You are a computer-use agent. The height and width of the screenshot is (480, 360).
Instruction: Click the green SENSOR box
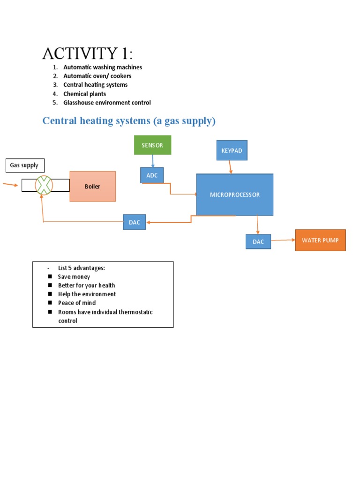[152, 145]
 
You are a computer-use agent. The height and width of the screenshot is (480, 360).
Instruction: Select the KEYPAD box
[232, 150]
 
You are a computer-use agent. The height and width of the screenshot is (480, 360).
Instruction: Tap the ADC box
[152, 175]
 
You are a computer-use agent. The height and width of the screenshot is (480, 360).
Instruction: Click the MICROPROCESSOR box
[234, 195]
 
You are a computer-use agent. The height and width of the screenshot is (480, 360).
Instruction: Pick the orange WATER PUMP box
[320, 240]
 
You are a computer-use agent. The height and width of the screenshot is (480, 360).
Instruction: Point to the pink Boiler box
[92, 186]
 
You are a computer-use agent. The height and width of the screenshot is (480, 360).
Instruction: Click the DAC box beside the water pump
[258, 241]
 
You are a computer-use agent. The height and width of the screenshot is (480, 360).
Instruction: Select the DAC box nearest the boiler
[135, 222]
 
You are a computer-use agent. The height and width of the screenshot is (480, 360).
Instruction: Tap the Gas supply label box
[24, 165]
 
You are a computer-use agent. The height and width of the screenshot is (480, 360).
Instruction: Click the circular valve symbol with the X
[44, 186]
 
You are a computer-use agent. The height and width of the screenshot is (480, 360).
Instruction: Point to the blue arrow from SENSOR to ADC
[153, 161]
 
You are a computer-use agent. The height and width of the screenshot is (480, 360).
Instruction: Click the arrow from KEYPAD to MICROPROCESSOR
[230, 166]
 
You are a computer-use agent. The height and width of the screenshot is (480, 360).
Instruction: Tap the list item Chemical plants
[84, 94]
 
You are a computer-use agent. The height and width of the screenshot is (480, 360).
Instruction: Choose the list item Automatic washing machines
[103, 67]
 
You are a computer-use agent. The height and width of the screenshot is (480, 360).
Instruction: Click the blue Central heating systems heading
[129, 121]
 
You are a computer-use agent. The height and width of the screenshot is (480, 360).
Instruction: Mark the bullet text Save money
[74, 277]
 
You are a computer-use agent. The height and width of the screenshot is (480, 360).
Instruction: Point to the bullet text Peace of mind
[77, 303]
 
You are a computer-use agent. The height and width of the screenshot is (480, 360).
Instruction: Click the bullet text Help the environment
[87, 294]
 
